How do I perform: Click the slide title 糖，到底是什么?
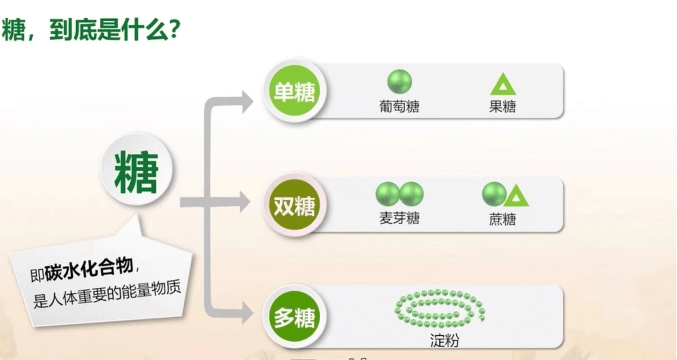91,30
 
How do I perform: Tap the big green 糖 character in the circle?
136,172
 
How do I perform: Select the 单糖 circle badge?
294,91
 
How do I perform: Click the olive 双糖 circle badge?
294,205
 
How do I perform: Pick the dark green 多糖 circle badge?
294,317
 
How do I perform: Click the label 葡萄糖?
399,106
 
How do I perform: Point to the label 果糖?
503,106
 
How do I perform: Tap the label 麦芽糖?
399,218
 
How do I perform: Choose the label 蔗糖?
503,219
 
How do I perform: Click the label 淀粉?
444,340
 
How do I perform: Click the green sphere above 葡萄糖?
400,82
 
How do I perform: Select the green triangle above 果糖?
503,83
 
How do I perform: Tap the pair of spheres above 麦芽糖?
400,194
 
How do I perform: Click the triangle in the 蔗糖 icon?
516,195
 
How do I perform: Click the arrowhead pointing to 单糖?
247,102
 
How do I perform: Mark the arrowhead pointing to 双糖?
245,202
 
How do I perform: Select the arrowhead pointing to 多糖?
247,313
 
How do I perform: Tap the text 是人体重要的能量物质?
107,294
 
